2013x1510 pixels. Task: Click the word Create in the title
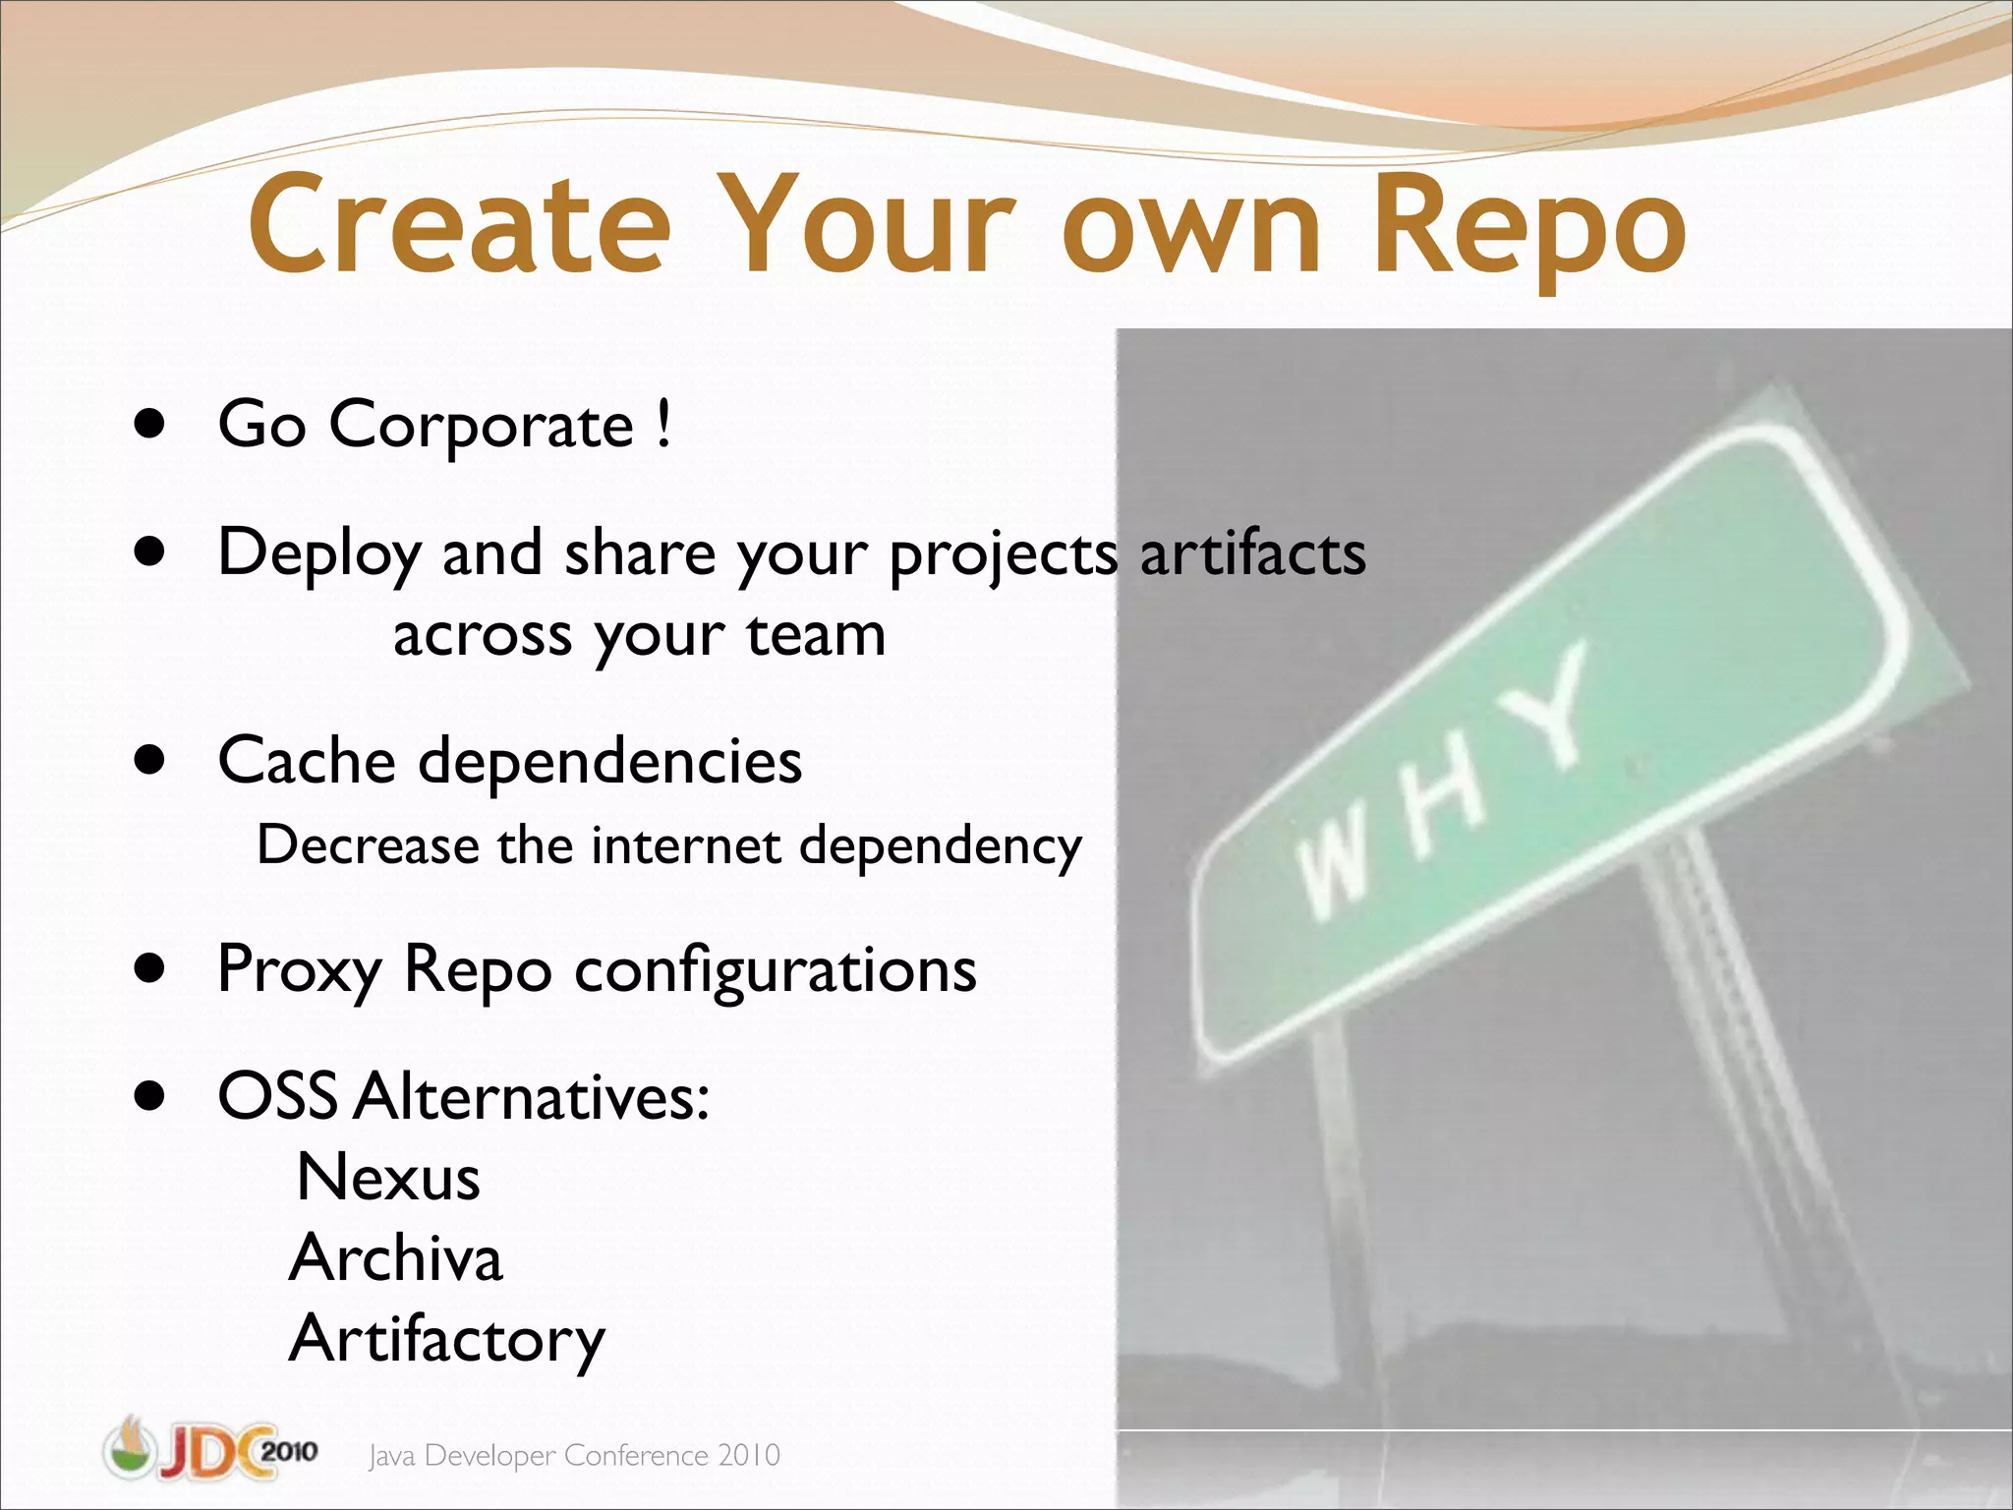(460, 224)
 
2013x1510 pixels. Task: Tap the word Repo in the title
(1528, 228)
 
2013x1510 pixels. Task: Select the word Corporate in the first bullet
(481, 425)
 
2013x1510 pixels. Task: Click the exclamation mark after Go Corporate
(664, 423)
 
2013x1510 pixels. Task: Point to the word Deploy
(319, 553)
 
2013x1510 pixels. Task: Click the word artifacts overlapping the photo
(1252, 553)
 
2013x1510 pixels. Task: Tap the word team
(816, 635)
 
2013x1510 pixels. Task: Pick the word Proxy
(299, 970)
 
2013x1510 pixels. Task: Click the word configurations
(775, 970)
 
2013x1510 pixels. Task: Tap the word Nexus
(388, 1178)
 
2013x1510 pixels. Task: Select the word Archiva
(396, 1258)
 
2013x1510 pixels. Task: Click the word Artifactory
(447, 1339)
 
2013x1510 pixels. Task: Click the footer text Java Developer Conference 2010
(574, 1455)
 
